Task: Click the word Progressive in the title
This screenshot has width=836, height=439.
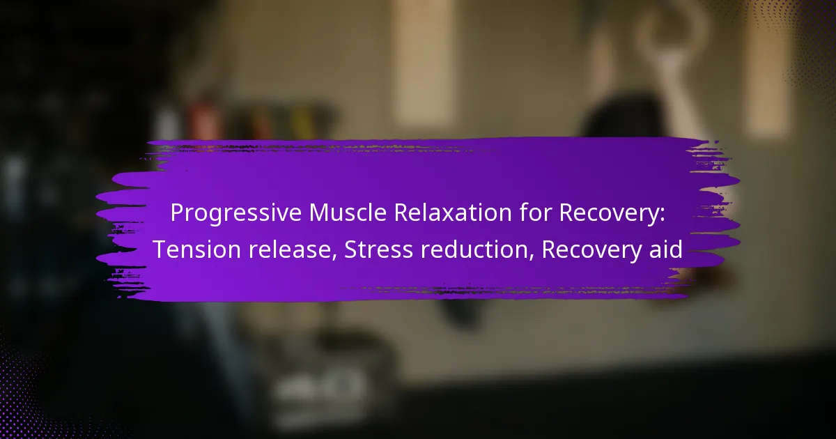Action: pos(236,213)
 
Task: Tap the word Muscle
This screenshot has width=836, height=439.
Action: pos(348,213)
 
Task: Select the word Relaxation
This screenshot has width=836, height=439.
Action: pos(453,213)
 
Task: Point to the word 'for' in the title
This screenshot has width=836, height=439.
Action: pos(535,213)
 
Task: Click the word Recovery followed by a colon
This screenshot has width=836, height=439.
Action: pos(612,213)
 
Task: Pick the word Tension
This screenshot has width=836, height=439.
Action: pos(196,249)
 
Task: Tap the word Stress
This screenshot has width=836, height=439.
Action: pos(378,249)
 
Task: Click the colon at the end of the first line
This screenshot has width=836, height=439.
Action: pos(662,215)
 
